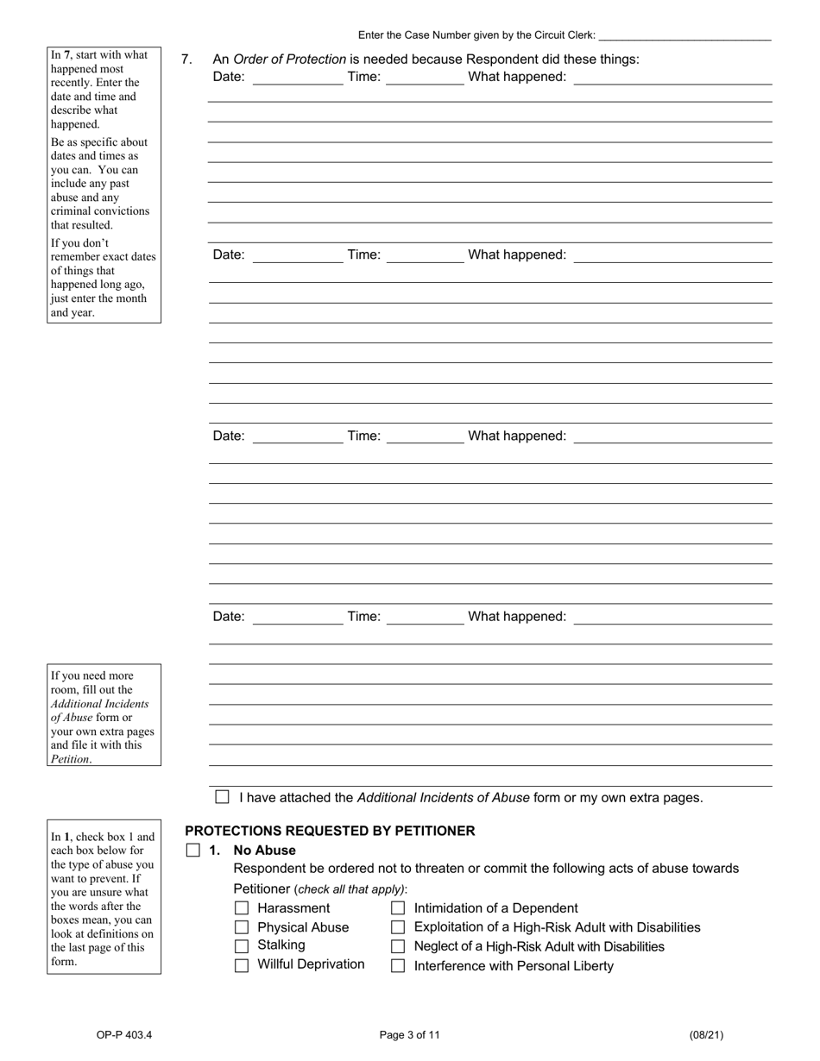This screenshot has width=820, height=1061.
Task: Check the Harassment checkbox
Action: click(x=242, y=908)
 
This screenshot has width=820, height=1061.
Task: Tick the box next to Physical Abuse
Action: click(x=242, y=927)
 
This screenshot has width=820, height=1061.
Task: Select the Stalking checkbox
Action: click(x=242, y=946)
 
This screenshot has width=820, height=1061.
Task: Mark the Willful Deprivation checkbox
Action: click(x=242, y=965)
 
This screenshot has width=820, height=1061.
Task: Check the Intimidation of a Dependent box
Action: click(x=398, y=908)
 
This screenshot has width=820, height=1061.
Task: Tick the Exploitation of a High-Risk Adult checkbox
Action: click(x=398, y=927)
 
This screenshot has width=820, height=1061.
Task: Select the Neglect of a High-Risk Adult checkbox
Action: click(x=398, y=946)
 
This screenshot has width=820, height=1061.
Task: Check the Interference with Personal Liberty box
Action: click(x=398, y=966)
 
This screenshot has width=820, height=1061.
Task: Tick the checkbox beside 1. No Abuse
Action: click(x=192, y=851)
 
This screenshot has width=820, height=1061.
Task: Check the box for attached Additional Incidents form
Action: click(x=223, y=797)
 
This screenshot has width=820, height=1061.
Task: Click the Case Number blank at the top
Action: click(x=684, y=35)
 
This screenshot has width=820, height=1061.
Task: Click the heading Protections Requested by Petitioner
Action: click(x=330, y=831)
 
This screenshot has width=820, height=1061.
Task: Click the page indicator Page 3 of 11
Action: click(x=410, y=1035)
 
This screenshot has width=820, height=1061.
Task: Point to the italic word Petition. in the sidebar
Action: click(x=71, y=759)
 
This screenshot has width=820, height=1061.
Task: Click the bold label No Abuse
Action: click(x=264, y=851)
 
